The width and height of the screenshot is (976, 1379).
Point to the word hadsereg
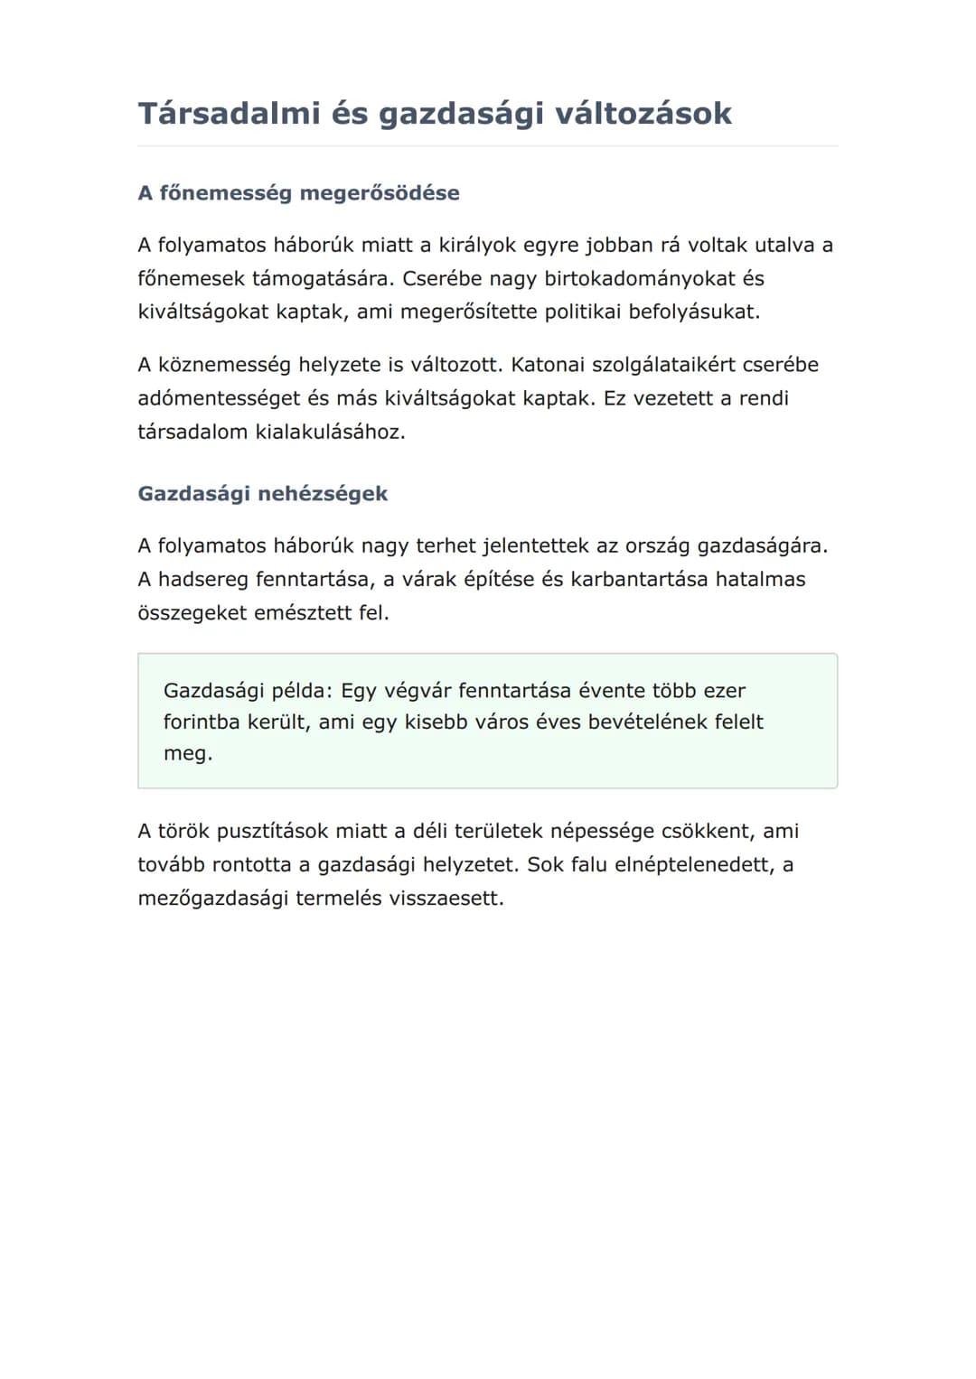coord(206,579)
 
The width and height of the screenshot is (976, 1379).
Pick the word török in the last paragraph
coord(183,832)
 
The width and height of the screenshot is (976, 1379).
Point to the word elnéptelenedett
coord(694,865)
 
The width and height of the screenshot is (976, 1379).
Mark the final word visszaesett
coord(445,899)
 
